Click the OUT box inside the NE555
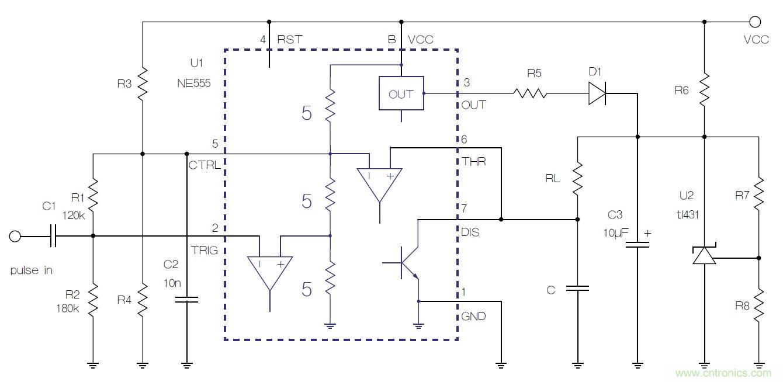click(401, 93)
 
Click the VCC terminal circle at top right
click(755, 22)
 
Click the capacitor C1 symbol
click(53, 237)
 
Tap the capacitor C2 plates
click(187, 300)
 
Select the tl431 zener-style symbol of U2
click(704, 255)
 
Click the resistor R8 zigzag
click(759, 303)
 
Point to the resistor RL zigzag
click(577, 180)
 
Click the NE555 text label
click(193, 84)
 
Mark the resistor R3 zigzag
click(143, 83)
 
